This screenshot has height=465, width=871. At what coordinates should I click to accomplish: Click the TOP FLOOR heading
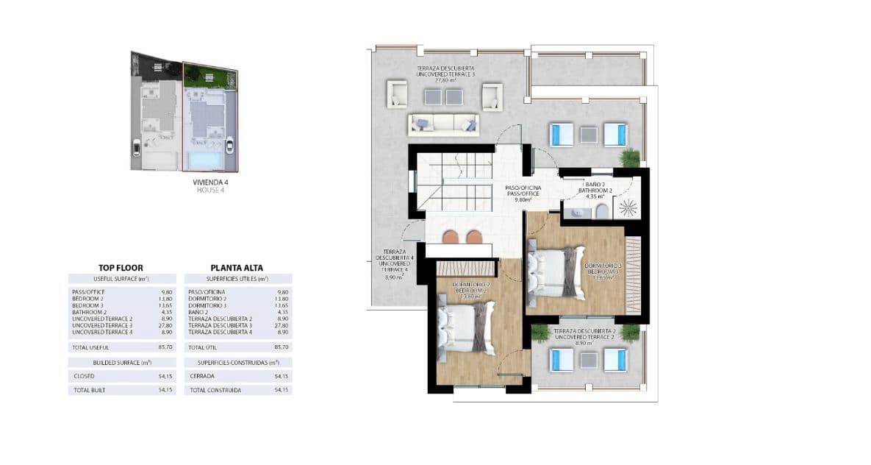121,268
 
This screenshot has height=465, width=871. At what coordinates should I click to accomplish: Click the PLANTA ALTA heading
237,268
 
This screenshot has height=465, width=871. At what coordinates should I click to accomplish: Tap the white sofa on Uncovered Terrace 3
444,124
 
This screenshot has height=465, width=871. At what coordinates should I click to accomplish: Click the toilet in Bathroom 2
601,213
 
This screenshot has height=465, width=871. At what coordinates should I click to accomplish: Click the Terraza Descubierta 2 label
584,334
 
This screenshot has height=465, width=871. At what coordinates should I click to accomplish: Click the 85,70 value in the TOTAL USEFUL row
165,347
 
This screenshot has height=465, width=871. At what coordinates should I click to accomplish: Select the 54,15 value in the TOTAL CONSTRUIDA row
281,390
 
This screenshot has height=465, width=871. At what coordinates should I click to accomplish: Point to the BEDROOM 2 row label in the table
89,299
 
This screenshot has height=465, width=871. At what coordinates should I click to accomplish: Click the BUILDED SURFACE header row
122,363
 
